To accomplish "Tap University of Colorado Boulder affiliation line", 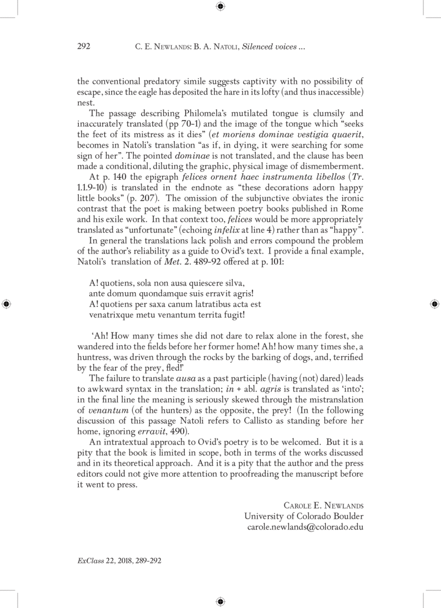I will coord(304,516).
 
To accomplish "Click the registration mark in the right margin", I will coord(434,304).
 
